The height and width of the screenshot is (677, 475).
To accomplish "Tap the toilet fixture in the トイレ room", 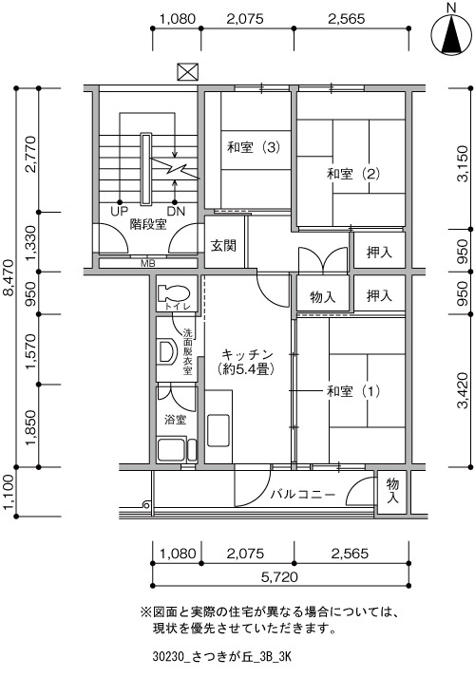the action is coord(174,293).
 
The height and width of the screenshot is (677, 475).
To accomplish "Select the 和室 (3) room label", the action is coord(254,148).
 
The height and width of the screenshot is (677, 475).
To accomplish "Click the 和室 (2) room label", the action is coord(353,174).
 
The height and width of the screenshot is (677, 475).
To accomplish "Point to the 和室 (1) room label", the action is coord(353,391).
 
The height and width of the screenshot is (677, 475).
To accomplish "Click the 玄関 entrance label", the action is coord(223,246).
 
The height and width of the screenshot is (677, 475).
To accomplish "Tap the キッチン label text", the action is coord(247,355).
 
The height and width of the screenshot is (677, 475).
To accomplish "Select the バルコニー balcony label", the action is coord(303,494).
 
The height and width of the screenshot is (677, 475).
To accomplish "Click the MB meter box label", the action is coord(147,263).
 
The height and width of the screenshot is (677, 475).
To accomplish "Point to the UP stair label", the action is coord(119,211).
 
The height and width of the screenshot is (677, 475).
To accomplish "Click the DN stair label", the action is coord(176,211).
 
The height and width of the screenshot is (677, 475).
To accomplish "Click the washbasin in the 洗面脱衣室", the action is coord(167,351).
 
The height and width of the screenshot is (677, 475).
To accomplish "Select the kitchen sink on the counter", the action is coord(218,430).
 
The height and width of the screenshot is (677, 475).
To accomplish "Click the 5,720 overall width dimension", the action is coord(279,576).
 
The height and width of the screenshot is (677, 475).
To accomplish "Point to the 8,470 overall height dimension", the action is coord(9,278).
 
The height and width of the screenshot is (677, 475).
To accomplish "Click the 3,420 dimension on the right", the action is coord(463,390).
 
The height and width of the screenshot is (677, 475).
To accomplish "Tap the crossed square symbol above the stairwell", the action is coord(188,72).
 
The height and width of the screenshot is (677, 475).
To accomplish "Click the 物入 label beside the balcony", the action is coord(392,490).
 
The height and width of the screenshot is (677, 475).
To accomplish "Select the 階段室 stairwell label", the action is coord(148,224).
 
